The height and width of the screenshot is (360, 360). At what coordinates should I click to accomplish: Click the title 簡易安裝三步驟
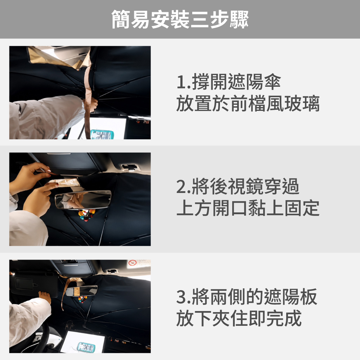[180, 19]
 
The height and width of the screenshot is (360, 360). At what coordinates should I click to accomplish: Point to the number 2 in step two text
[181, 186]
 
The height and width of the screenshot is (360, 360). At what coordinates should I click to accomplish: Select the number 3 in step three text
[181, 297]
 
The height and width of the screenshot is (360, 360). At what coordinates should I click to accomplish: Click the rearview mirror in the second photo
[83, 199]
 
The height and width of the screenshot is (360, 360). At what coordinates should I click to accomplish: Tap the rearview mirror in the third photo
[81, 291]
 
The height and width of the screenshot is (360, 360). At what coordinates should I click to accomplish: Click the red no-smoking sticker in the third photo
[132, 263]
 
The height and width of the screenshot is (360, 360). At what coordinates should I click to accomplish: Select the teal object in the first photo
[102, 135]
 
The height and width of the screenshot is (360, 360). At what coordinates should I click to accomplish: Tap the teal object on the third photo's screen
[86, 347]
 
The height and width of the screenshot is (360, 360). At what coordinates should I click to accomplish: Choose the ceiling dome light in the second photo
[130, 167]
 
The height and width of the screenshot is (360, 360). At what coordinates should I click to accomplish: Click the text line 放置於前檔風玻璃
[248, 104]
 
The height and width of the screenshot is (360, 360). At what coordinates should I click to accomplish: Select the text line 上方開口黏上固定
[248, 208]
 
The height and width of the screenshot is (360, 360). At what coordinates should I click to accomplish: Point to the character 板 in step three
[309, 297]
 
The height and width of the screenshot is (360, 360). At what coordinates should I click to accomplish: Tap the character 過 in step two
[291, 186]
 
